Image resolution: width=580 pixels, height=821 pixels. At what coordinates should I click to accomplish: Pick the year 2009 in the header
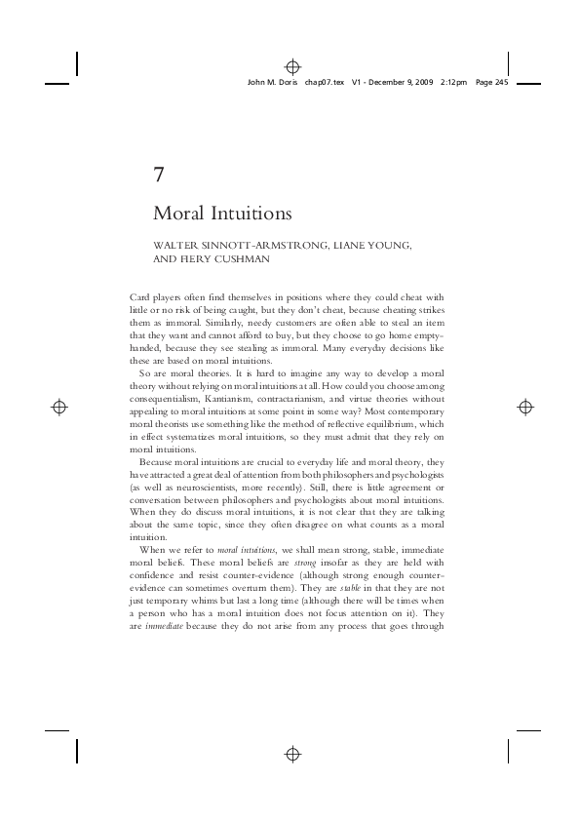[421, 84]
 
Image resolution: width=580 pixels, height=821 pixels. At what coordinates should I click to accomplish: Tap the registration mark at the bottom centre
[290, 754]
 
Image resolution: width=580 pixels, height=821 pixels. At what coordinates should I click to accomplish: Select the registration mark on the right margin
[523, 408]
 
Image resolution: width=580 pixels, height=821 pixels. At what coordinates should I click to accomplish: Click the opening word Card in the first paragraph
[140, 296]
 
